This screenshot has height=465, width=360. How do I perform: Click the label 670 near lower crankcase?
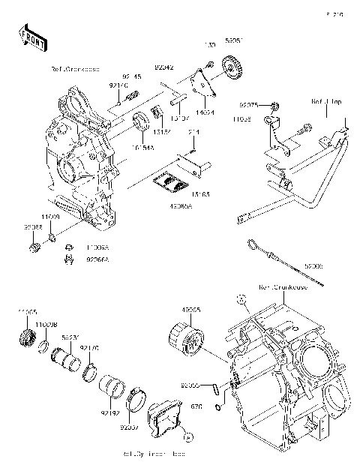coord(197,406)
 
